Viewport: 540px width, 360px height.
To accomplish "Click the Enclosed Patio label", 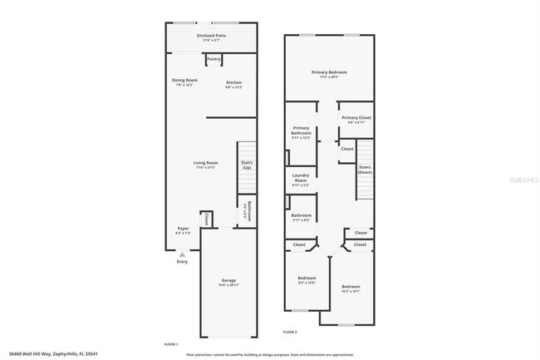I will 211,37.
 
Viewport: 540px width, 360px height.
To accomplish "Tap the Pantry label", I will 214,59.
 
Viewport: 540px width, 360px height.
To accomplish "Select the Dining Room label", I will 184,81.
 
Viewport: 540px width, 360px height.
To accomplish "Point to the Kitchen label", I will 233,82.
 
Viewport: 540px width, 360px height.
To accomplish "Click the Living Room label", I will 206,163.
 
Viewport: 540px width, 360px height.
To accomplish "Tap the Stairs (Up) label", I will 247,165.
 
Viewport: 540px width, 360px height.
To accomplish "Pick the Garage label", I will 228,281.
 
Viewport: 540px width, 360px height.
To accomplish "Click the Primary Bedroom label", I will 329,73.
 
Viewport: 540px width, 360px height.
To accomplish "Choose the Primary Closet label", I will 356,118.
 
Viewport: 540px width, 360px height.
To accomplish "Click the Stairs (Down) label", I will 364,170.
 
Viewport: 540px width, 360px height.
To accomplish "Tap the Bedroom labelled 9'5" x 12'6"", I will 307,279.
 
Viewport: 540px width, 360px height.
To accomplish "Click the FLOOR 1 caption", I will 172,343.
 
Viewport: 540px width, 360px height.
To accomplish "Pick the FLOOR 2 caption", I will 290,332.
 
